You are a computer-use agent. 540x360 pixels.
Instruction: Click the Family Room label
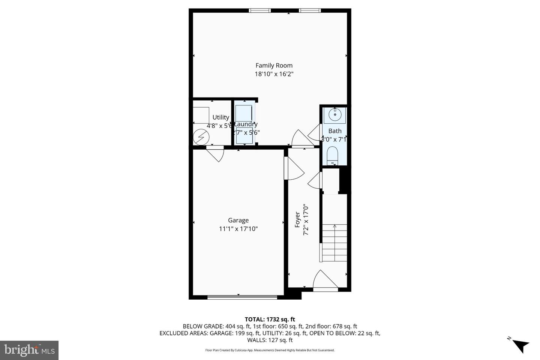274,66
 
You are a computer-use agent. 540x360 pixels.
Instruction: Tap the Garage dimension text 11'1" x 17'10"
238,229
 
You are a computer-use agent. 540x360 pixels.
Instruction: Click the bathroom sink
334,114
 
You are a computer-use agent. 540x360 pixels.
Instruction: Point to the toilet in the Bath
333,155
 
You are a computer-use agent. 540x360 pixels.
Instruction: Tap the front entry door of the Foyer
325,281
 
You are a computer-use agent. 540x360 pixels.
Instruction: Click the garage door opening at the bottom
242,297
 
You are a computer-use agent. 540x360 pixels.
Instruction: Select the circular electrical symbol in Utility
201,138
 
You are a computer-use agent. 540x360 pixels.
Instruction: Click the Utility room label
220,117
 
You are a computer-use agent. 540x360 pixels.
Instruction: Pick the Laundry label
246,124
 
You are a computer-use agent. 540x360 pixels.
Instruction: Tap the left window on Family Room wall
260,10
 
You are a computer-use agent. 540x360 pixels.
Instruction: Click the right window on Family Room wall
310,10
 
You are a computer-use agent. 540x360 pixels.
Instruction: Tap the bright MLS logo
29,350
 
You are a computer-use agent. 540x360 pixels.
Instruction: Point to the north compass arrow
519,345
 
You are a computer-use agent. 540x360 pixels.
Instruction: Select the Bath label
335,131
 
